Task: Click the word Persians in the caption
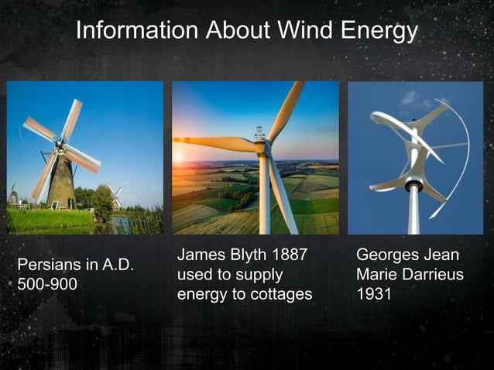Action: (x=49, y=266)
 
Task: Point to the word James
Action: (x=199, y=255)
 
